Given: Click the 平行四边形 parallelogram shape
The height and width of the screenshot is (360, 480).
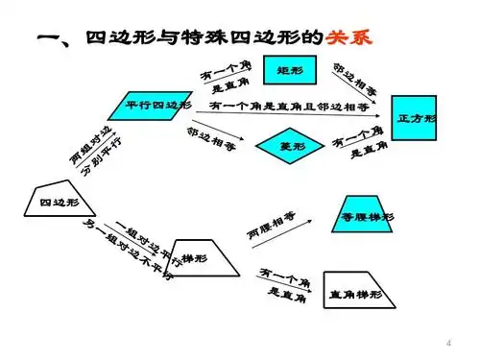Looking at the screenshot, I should [x=158, y=105].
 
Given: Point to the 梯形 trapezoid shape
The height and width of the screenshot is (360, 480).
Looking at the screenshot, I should [x=204, y=258].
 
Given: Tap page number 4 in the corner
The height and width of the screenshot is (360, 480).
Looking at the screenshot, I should [x=449, y=343].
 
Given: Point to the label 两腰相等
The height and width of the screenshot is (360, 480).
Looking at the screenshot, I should [x=273, y=223].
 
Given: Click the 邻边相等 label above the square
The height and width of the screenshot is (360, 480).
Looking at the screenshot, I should [x=355, y=83].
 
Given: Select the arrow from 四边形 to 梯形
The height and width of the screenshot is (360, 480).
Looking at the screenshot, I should [x=134, y=235].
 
